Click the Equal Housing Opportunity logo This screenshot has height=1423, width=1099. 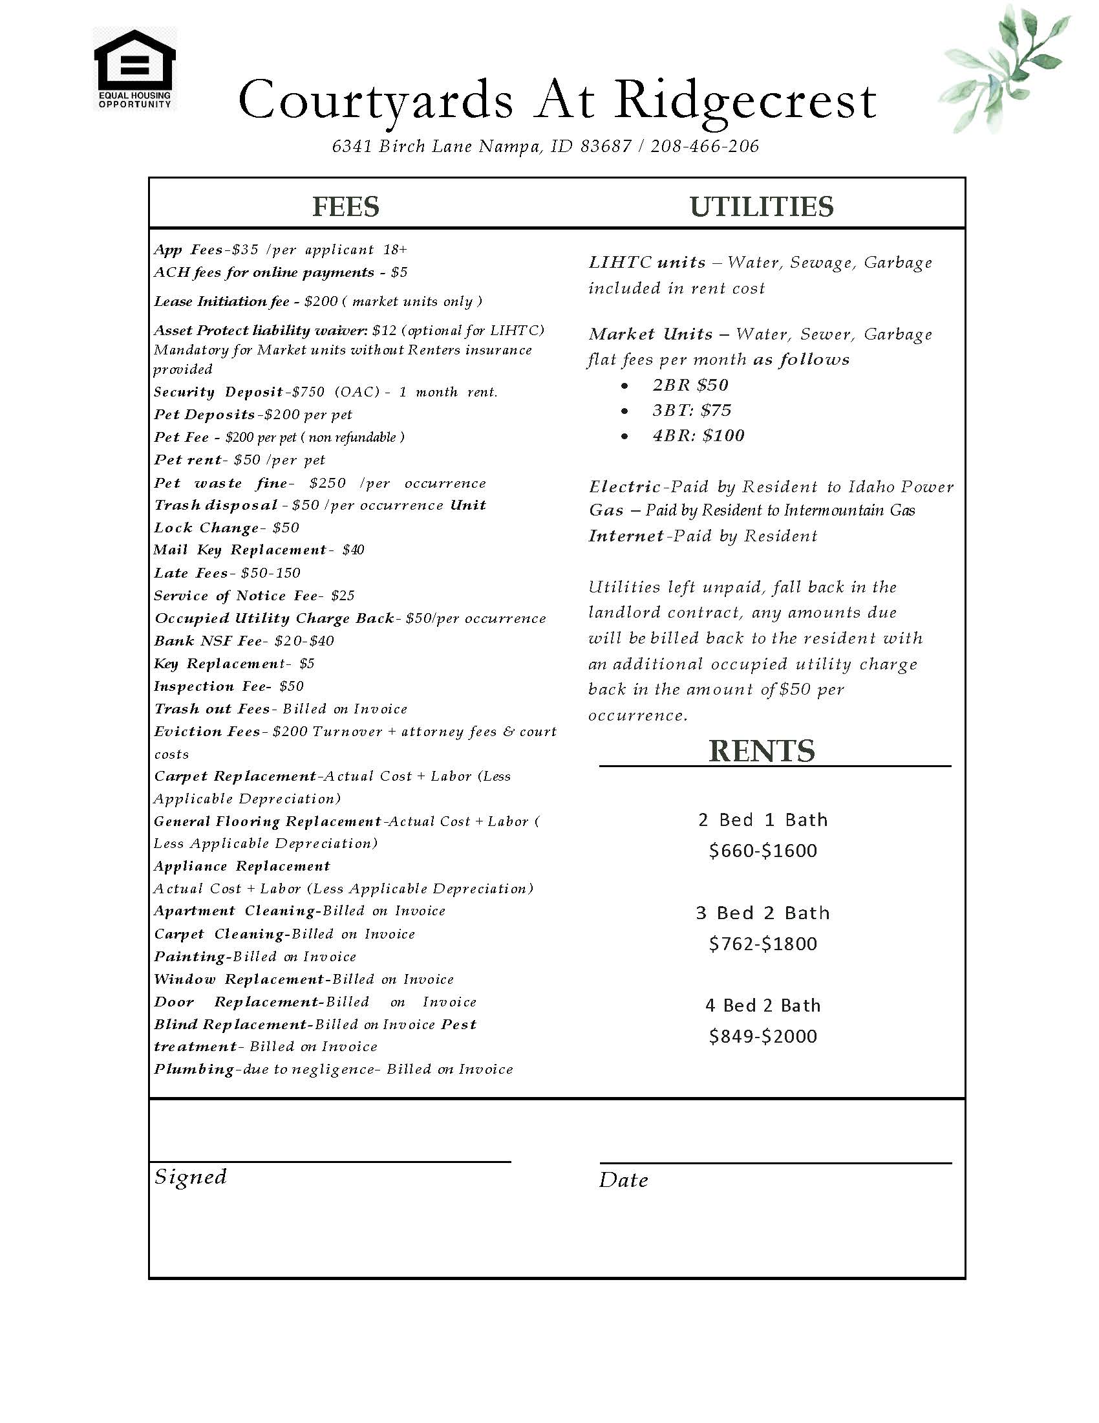[x=134, y=69]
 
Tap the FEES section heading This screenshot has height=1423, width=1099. [x=346, y=206]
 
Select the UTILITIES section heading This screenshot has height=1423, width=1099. [x=761, y=206]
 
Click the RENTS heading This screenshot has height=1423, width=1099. [x=761, y=750]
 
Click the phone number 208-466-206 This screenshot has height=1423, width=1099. [x=705, y=147]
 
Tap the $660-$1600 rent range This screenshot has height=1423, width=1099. [x=762, y=851]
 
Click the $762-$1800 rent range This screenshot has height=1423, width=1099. [x=762, y=944]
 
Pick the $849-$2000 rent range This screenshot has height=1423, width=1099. [x=762, y=1036]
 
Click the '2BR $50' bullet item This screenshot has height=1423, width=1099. [x=690, y=385]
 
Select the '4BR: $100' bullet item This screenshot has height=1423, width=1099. [x=698, y=435]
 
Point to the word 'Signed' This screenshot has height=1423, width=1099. [x=190, y=1177]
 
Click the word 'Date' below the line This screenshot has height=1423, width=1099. [x=623, y=1180]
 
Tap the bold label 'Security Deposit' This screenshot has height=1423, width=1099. [x=219, y=392]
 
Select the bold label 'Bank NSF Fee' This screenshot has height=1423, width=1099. [x=208, y=641]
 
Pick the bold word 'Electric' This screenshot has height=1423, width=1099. [x=624, y=486]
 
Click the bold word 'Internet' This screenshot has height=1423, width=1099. [x=626, y=536]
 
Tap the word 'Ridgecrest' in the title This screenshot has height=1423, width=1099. [x=745, y=101]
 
